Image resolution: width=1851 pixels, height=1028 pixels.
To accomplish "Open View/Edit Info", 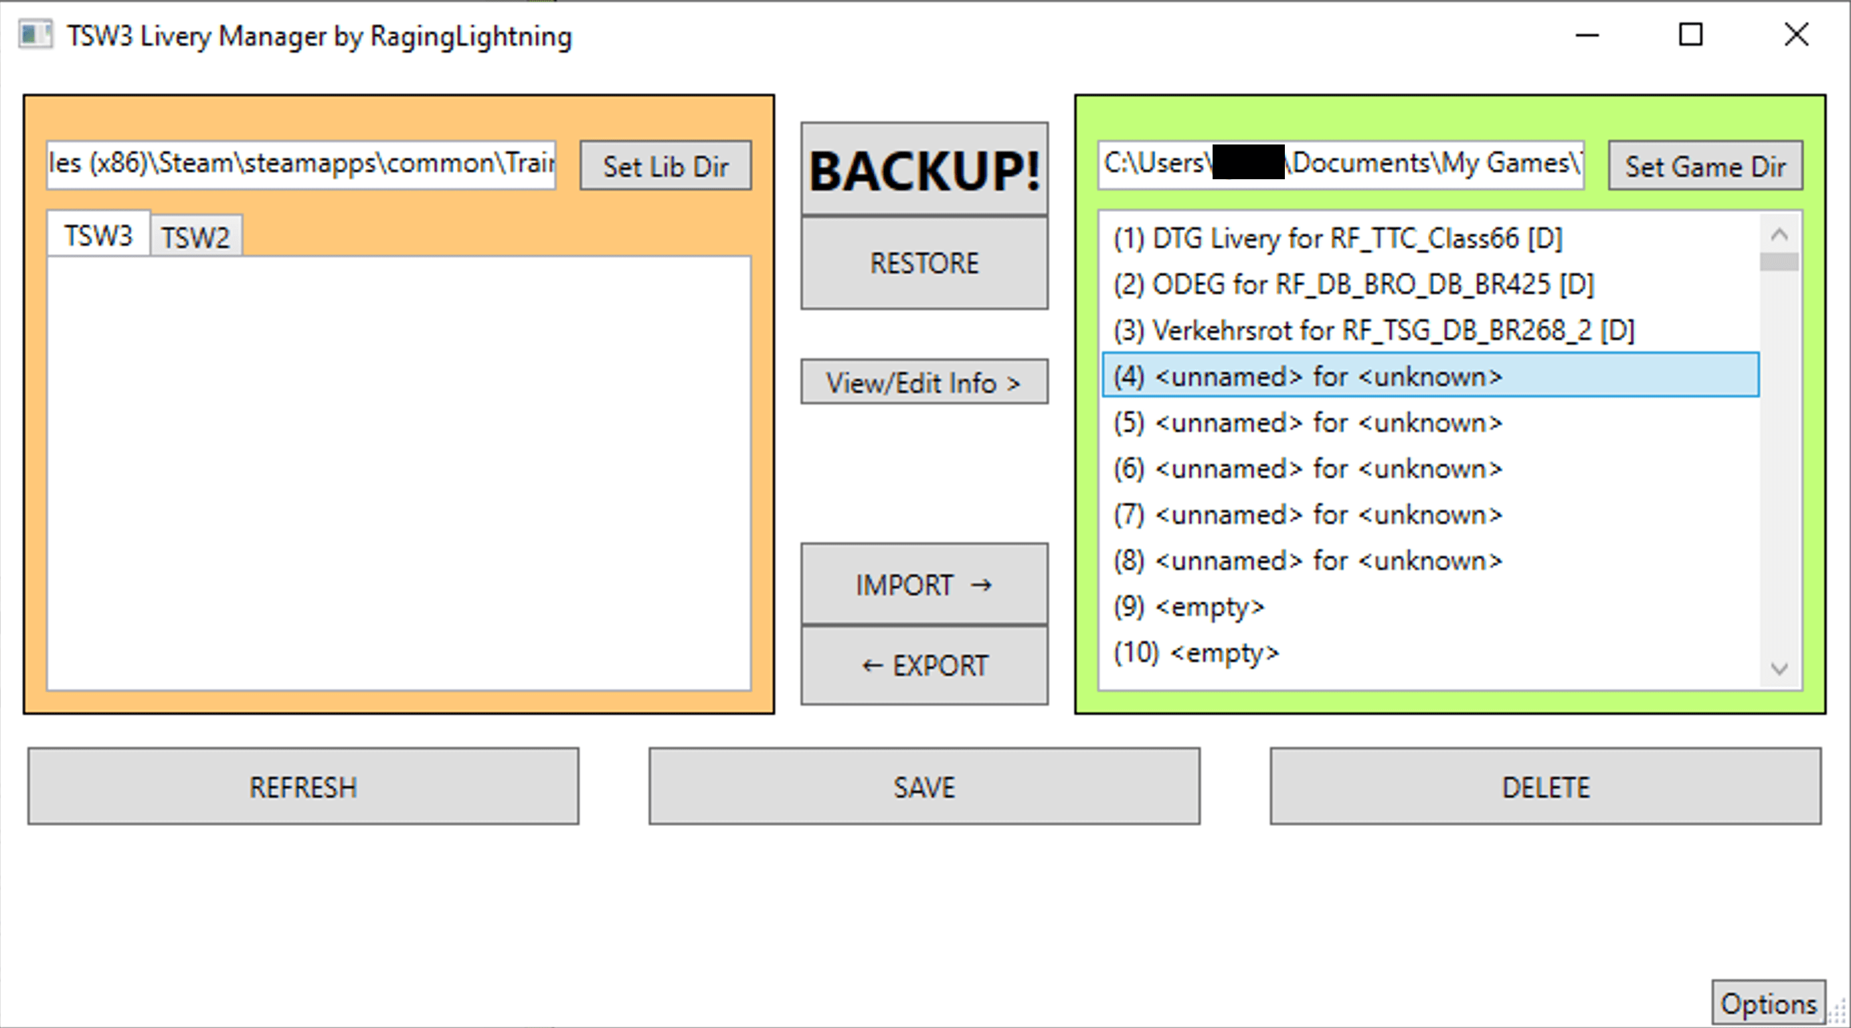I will (x=924, y=382).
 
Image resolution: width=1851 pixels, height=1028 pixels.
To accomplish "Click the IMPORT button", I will (x=924, y=585).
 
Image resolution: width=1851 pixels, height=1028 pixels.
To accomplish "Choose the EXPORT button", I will (x=924, y=666).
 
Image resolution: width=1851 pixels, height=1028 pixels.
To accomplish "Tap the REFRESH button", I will (x=302, y=787).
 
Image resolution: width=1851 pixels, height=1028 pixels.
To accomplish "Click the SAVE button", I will (x=924, y=787).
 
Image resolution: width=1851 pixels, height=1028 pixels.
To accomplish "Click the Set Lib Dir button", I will (x=665, y=166).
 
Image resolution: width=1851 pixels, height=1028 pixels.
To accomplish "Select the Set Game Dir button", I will (x=1704, y=166).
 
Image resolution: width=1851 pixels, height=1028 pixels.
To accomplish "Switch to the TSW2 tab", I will (x=195, y=236).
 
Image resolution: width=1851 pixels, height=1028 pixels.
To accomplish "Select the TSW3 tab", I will (x=98, y=235).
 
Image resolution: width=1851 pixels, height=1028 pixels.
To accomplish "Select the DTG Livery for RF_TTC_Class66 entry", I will (x=1337, y=239).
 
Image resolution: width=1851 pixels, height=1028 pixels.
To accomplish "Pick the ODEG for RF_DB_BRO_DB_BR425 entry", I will (x=1353, y=284).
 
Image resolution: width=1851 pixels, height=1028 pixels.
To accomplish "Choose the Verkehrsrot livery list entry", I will (x=1373, y=330).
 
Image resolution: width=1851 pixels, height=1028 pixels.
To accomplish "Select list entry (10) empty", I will (x=1197, y=653).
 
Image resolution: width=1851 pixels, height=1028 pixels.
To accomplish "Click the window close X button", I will (x=1795, y=35).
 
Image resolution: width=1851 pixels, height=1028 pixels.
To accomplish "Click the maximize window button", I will (x=1690, y=35).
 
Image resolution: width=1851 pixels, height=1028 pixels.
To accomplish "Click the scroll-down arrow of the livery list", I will (x=1779, y=669).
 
